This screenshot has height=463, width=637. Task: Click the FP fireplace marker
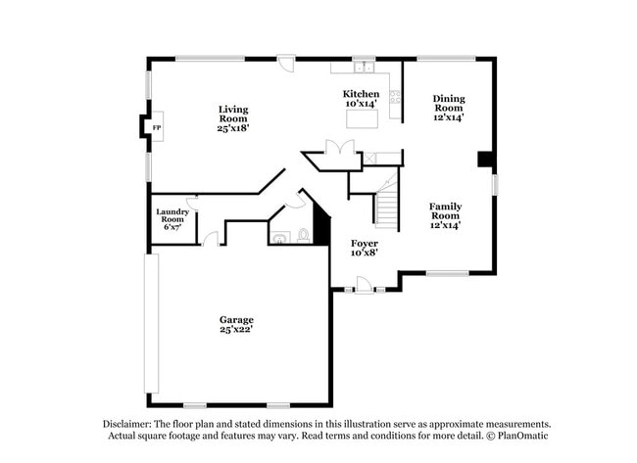[x=156, y=127]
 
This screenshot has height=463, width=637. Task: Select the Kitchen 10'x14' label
[x=362, y=98]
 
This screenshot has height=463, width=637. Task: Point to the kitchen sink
[x=364, y=68]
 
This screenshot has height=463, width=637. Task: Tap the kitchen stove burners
[x=396, y=96]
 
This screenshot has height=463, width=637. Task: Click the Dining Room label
[x=449, y=107]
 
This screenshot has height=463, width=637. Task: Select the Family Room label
[x=445, y=214]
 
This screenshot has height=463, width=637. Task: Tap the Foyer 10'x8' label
[x=365, y=247]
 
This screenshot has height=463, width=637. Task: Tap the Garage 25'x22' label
[x=236, y=324]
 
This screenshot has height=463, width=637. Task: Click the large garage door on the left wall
[x=151, y=323]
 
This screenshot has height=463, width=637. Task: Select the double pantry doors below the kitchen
[x=339, y=148]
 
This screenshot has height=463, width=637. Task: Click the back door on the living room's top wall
[x=284, y=62]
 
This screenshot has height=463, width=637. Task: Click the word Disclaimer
[x=127, y=424]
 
